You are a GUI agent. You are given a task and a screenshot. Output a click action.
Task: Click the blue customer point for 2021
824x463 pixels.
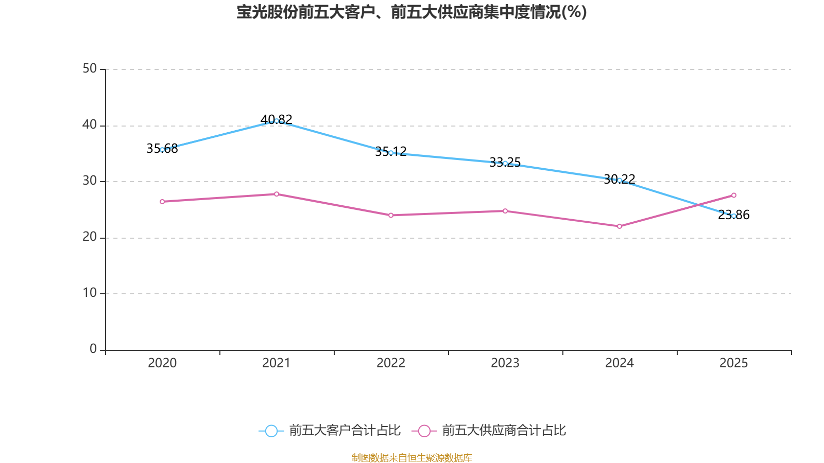pyautogui.click(x=277, y=121)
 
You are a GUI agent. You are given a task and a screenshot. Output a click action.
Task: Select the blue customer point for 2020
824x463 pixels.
pyautogui.click(x=162, y=150)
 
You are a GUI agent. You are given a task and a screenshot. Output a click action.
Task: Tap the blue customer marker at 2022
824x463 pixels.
pyautogui.click(x=391, y=153)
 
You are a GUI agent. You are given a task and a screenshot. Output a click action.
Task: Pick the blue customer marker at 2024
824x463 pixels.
pyautogui.click(x=620, y=180)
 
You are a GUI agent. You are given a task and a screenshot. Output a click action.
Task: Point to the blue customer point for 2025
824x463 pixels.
pyautogui.click(x=734, y=216)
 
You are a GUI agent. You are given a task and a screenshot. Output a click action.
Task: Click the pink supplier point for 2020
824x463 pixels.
pyautogui.click(x=162, y=202)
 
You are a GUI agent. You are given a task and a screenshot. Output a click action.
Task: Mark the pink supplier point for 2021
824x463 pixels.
pyautogui.click(x=277, y=194)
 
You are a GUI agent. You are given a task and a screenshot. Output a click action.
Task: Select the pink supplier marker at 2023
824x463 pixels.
pyautogui.click(x=505, y=211)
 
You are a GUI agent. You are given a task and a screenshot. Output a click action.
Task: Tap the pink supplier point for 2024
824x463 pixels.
pyautogui.click(x=620, y=226)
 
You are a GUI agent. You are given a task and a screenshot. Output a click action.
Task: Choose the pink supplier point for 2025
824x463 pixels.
pyautogui.click(x=734, y=195)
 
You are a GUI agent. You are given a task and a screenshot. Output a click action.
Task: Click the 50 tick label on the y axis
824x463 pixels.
pyautogui.click(x=90, y=69)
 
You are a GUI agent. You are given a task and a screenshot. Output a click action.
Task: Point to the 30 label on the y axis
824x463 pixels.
pyautogui.click(x=90, y=181)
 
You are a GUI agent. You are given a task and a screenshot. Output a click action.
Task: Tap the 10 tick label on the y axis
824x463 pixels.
pyautogui.click(x=90, y=293)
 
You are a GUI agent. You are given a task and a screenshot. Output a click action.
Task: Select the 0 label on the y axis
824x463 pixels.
pyautogui.click(x=93, y=349)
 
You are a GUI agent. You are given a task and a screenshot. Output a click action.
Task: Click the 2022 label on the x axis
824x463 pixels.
pyautogui.click(x=391, y=363)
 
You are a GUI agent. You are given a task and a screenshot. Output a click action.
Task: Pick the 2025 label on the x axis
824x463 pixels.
pyautogui.click(x=733, y=363)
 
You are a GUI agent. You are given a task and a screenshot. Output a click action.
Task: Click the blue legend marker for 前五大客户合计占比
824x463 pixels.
pyautogui.click(x=271, y=431)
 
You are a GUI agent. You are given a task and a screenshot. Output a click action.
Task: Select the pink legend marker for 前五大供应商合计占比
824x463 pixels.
pyautogui.click(x=424, y=431)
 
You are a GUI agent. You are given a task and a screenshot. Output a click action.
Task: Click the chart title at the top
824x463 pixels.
pyautogui.click(x=411, y=12)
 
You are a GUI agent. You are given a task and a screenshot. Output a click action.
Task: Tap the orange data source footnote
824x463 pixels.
pyautogui.click(x=411, y=457)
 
